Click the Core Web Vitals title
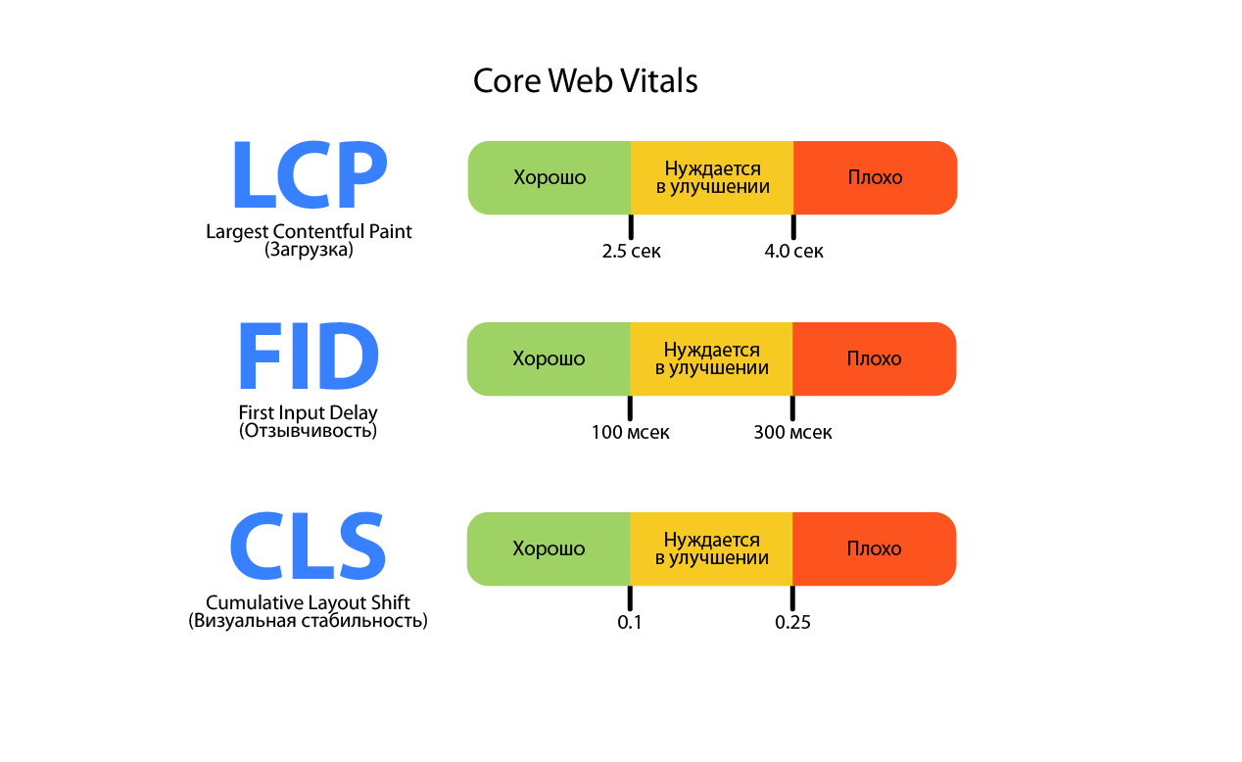(x=585, y=80)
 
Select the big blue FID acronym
(x=309, y=358)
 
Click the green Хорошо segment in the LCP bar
(x=549, y=177)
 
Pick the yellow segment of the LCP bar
(x=712, y=177)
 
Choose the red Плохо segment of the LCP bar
(x=875, y=177)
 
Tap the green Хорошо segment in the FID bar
(x=549, y=358)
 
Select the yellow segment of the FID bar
(x=711, y=358)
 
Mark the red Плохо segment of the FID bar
(x=874, y=358)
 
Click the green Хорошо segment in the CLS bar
(x=549, y=548)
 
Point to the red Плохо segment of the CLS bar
(x=874, y=548)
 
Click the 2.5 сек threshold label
(x=632, y=252)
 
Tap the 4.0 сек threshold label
(x=793, y=252)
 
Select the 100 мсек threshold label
(x=631, y=433)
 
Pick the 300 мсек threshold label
(x=792, y=433)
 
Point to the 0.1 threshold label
(x=630, y=623)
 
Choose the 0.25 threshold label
(x=792, y=623)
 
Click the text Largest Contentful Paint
(x=309, y=232)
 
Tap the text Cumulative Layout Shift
(x=308, y=602)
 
